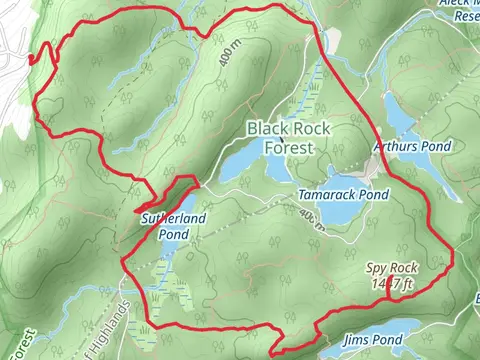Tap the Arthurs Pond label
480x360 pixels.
click(412, 146)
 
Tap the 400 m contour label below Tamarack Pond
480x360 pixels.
click(311, 218)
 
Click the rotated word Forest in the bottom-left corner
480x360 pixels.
click(22, 343)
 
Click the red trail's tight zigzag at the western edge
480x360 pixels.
click(34, 58)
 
